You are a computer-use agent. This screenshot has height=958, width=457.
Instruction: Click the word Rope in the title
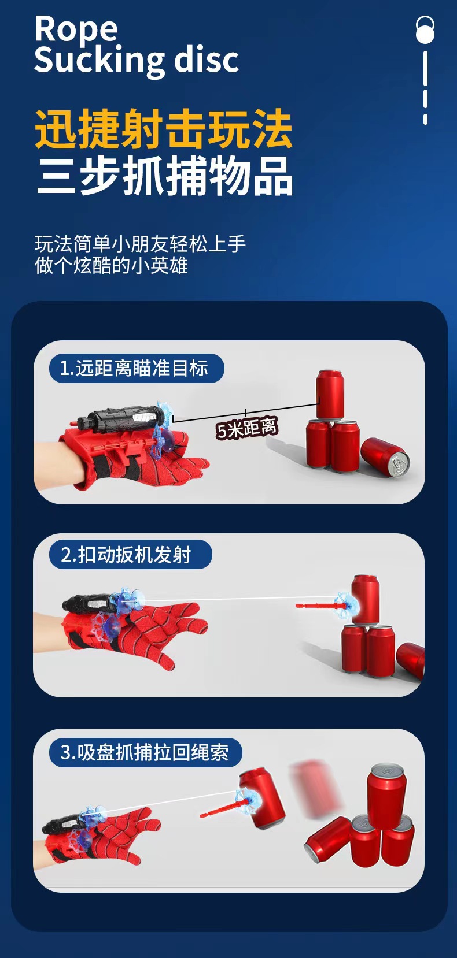click(76, 29)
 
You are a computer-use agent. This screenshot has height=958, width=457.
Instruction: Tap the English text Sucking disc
click(136, 60)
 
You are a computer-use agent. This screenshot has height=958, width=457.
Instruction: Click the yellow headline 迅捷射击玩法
click(163, 129)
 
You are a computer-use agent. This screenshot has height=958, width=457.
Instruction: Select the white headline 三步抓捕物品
click(164, 176)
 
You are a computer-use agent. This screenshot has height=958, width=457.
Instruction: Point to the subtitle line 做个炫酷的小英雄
click(111, 266)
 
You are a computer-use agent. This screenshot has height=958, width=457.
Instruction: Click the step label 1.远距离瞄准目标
click(134, 368)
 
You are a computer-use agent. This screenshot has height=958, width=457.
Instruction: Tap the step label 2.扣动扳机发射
click(126, 555)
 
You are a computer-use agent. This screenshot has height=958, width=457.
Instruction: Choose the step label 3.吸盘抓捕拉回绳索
click(145, 752)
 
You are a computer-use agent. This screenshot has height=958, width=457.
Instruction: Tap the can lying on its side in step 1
click(385, 457)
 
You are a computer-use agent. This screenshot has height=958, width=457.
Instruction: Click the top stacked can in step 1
click(330, 394)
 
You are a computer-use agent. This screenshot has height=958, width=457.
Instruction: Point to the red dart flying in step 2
click(321, 606)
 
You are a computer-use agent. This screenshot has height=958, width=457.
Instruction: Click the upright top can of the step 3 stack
click(386, 792)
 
